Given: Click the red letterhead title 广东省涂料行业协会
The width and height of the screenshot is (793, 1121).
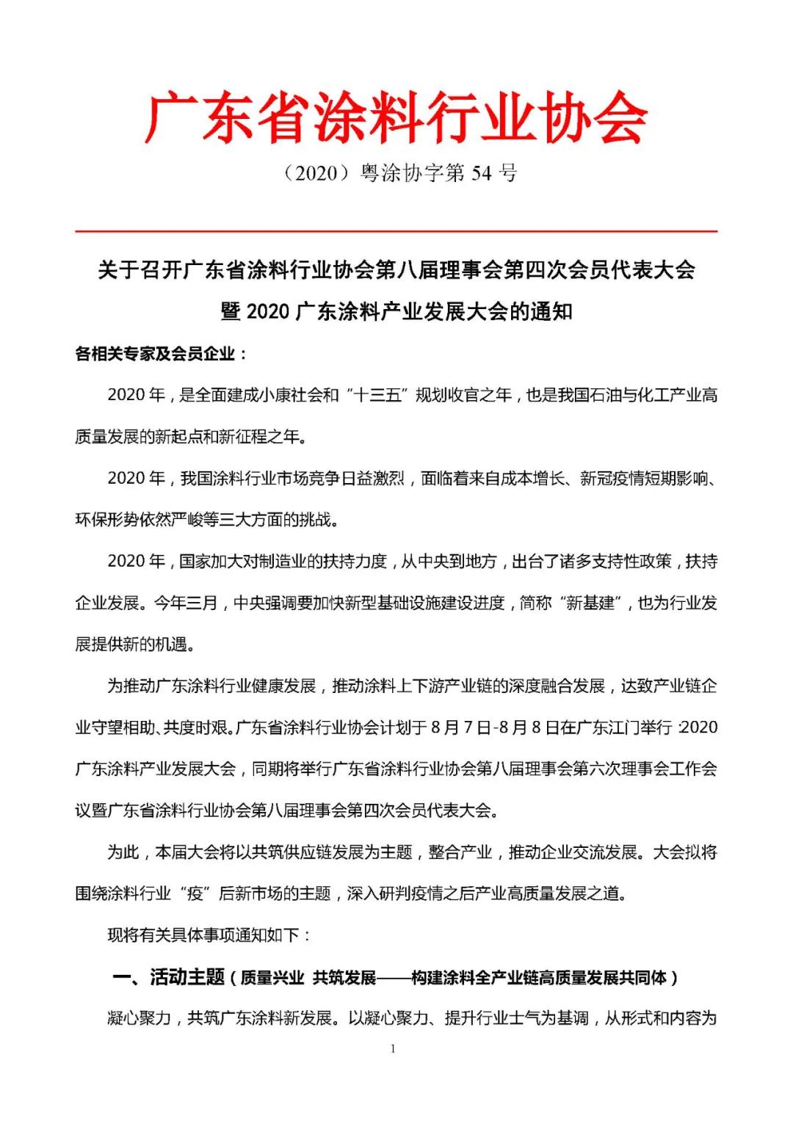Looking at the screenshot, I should (x=396, y=117).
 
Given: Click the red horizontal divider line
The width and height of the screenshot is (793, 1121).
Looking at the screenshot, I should (x=396, y=231).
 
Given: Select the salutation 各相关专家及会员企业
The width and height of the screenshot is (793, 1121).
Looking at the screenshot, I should (x=155, y=354).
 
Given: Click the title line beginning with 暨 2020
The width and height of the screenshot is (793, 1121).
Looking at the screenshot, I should (x=396, y=312).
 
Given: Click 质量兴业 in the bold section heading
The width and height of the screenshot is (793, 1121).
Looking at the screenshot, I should (x=272, y=978).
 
